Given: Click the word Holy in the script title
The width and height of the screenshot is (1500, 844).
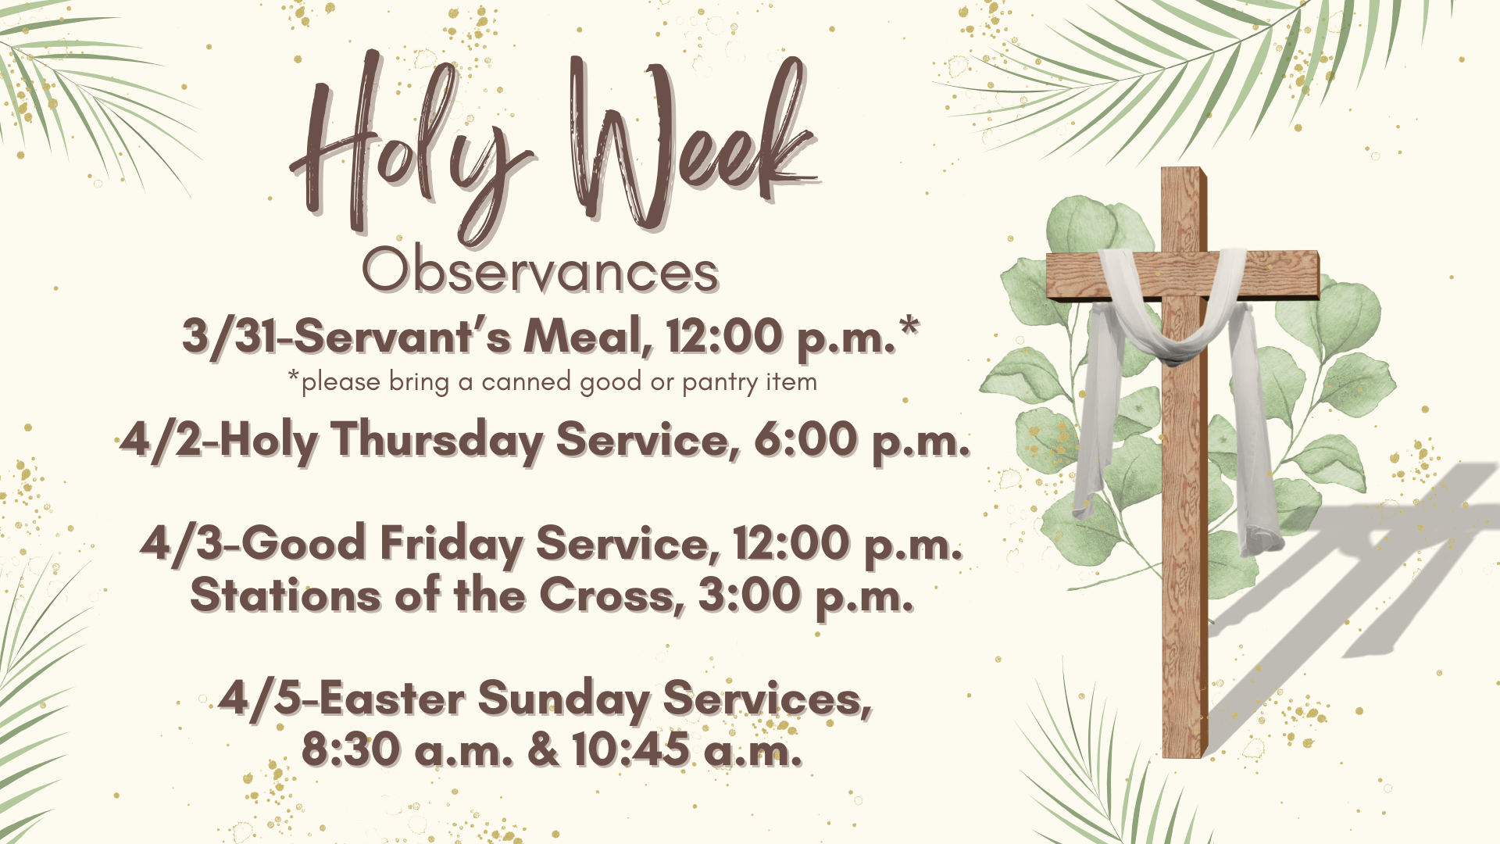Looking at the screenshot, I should pos(406,148).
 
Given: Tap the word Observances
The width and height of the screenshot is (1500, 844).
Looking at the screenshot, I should pos(540,271).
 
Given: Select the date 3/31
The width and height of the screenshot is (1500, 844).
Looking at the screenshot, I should pos(230,336).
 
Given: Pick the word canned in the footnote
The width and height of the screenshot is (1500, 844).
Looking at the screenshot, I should pos(526,382).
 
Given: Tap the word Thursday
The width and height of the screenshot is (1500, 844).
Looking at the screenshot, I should pos(437,440).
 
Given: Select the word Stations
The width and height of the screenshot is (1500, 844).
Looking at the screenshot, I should pos(286,595).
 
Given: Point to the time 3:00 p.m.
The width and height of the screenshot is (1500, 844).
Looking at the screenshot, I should pos(805,595).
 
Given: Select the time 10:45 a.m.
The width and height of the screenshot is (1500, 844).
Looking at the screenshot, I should pos(687,749).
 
